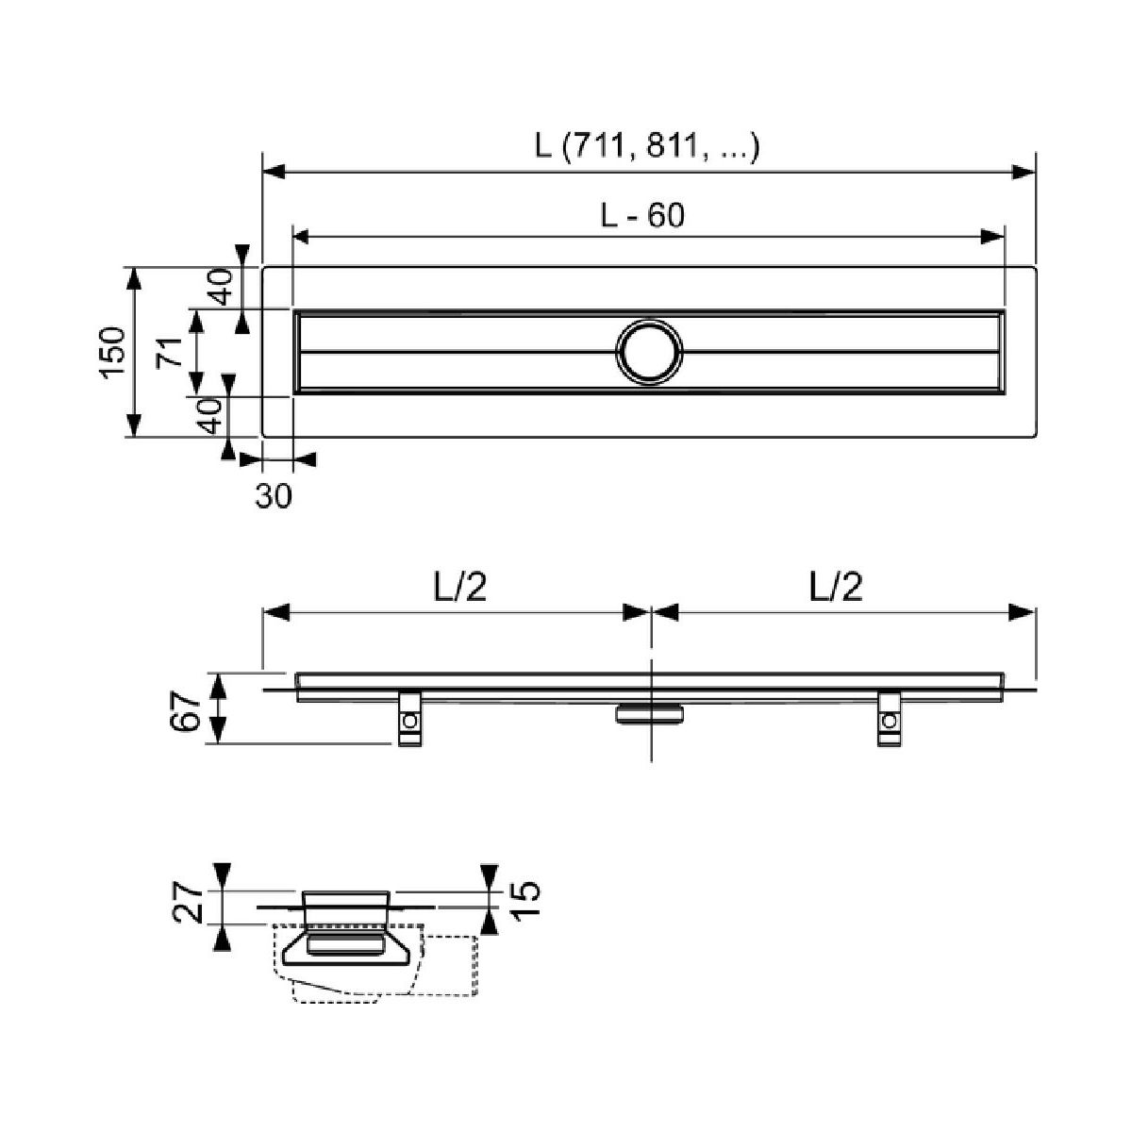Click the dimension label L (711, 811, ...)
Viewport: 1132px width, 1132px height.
647,146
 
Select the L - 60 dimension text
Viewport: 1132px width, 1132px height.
642,216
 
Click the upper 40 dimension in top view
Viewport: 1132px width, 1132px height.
222,286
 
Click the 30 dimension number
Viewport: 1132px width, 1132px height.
274,497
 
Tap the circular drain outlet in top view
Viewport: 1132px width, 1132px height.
650,353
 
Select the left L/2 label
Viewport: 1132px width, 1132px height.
460,587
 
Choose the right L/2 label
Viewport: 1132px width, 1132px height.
836,587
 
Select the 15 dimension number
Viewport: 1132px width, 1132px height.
527,900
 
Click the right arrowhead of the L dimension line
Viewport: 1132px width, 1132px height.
1023,172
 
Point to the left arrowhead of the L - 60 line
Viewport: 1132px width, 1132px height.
301,237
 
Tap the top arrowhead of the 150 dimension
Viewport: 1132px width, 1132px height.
134,279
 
